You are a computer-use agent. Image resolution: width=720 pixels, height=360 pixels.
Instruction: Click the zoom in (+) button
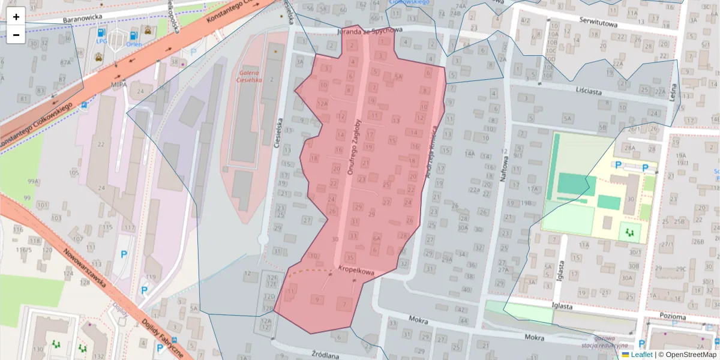pyautogui.click(x=16, y=17)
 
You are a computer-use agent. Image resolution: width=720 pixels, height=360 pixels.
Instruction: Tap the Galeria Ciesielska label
pyautogui.click(x=249, y=76)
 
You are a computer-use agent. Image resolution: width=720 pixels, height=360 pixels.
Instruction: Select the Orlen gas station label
pyautogui.click(x=134, y=44)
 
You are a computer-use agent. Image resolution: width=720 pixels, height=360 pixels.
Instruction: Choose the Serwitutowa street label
pyautogui.click(x=598, y=20)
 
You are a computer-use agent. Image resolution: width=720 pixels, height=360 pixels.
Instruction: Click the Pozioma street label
pyautogui.click(x=671, y=316)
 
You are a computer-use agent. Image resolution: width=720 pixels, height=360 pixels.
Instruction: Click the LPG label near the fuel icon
pyautogui.click(x=101, y=42)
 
